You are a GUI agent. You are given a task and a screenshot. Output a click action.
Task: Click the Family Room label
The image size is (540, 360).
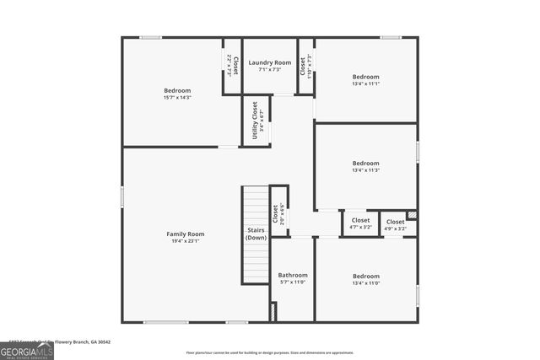(x=185, y=234)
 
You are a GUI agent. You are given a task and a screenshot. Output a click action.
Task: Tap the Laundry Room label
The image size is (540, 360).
(x=270, y=62)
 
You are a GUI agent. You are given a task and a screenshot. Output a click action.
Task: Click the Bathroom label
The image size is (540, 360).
(x=293, y=275)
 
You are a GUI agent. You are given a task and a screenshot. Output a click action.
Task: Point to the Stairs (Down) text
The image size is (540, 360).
(x=256, y=234)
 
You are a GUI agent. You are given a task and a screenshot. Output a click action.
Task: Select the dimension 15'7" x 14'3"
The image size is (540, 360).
(x=177, y=98)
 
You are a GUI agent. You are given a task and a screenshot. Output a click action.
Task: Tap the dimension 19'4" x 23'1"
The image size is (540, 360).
(x=185, y=242)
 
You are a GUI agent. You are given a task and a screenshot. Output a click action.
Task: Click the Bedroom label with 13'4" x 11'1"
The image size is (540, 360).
(x=365, y=77)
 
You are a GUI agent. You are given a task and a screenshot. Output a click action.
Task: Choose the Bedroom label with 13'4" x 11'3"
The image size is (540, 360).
(x=365, y=163)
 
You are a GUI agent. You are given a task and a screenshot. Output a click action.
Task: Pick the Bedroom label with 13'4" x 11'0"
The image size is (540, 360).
(x=365, y=276)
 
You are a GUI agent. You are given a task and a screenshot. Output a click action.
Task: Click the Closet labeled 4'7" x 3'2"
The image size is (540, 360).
(x=359, y=221)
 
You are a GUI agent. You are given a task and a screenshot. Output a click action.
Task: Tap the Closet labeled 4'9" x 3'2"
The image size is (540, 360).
(x=395, y=221)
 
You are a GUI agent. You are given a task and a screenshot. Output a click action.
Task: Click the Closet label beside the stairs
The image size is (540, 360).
(x=275, y=212)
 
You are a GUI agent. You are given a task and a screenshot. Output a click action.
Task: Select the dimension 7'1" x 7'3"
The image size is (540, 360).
(x=270, y=70)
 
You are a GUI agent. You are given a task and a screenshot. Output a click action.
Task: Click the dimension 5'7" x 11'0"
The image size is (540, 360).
(x=293, y=282)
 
